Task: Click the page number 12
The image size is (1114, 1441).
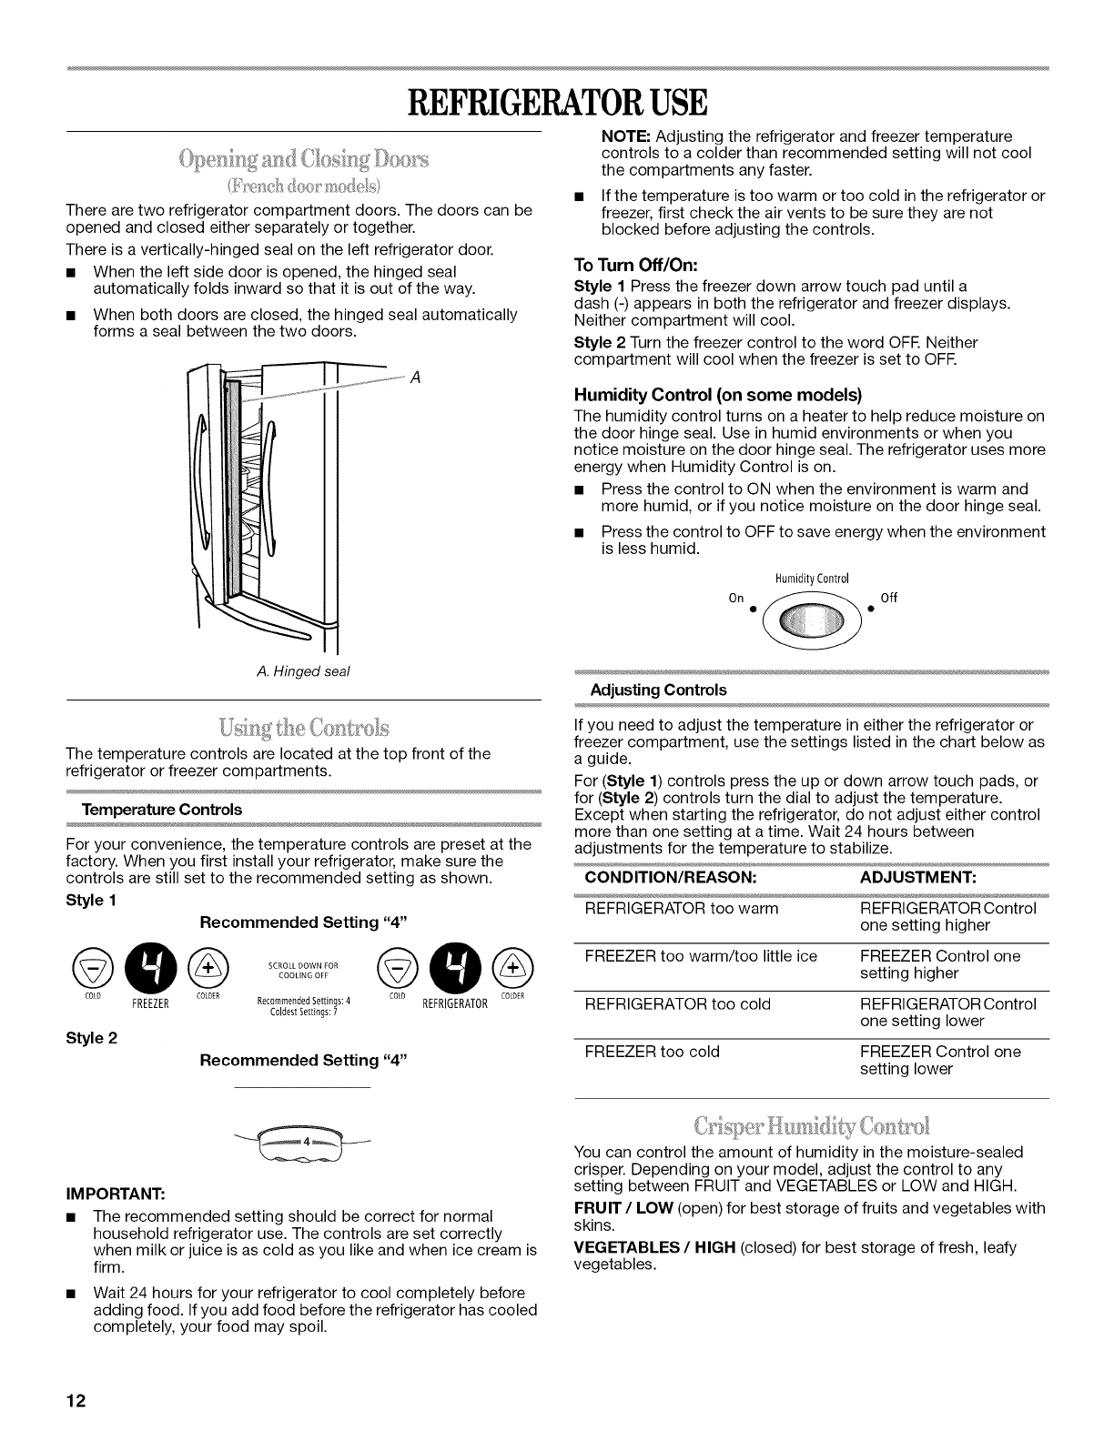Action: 76,1401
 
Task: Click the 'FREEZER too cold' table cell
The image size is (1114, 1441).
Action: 652,1052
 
